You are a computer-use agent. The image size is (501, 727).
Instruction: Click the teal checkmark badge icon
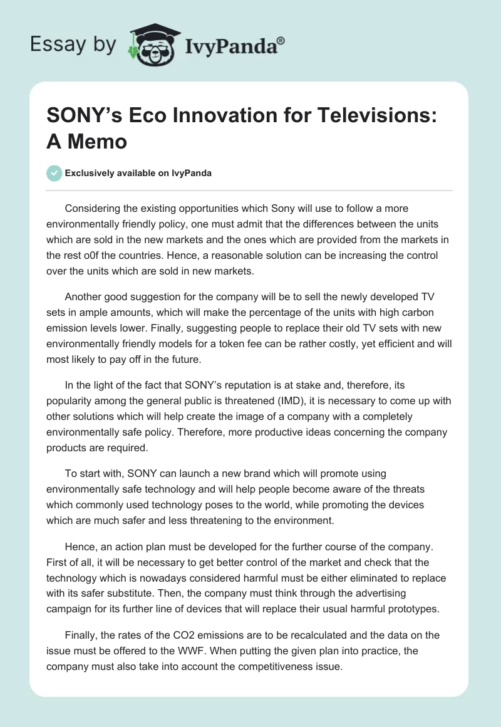(x=54, y=173)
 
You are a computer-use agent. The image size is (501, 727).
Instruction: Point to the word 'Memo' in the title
(x=98, y=142)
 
